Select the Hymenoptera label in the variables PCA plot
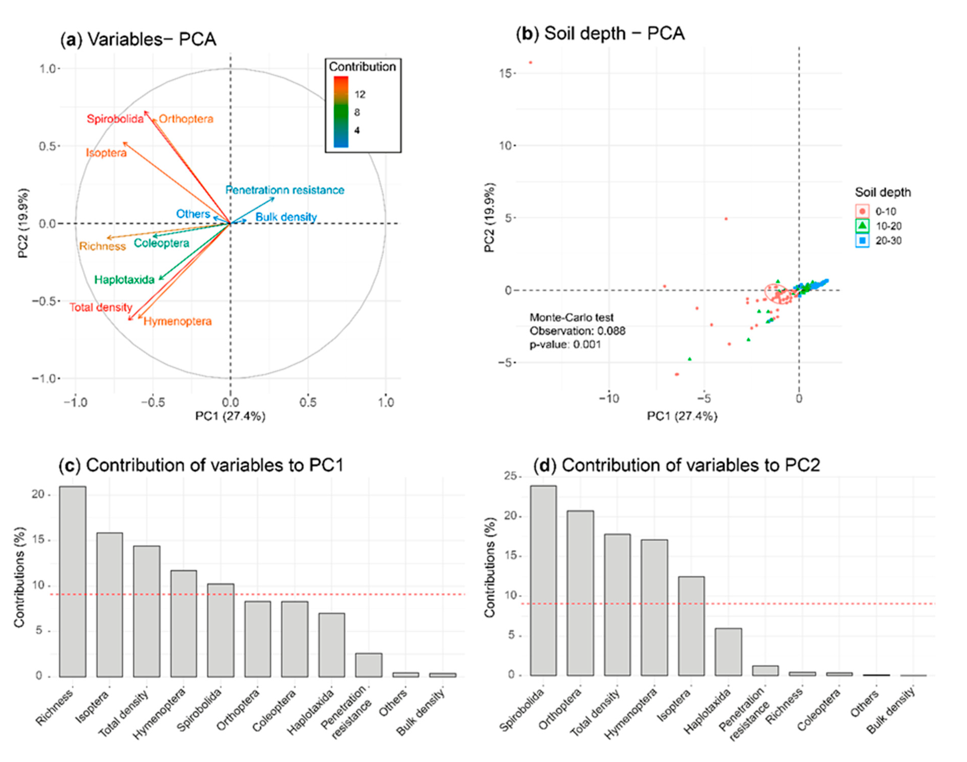pyautogui.click(x=178, y=321)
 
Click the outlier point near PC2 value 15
pyautogui.click(x=531, y=62)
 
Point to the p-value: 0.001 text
pyautogui.click(x=565, y=344)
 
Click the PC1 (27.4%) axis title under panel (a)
pyautogui.click(x=230, y=416)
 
